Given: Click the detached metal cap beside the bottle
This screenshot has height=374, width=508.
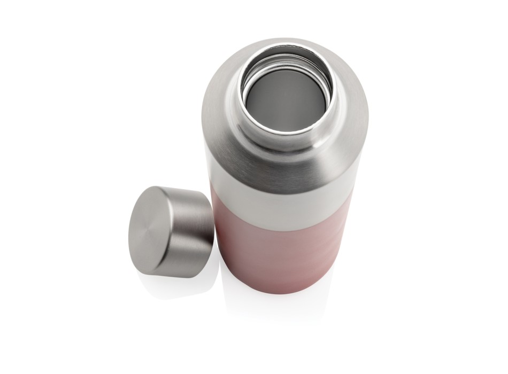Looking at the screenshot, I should (x=170, y=231).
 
